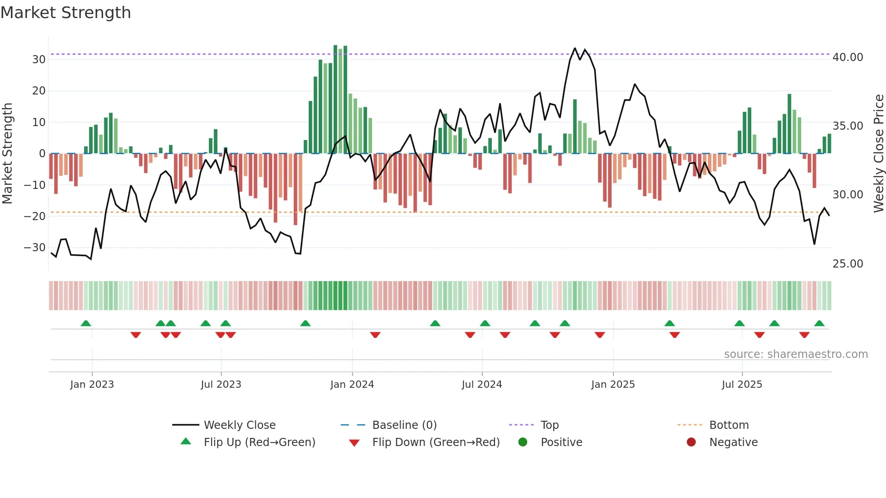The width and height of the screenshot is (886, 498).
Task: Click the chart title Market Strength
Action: click(x=66, y=13)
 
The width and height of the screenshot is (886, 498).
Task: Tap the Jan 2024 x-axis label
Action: click(x=352, y=385)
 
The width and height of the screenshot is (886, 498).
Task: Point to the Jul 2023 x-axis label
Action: click(x=221, y=385)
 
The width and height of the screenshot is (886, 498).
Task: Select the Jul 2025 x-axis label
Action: click(x=742, y=385)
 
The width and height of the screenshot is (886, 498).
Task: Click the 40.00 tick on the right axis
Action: click(x=848, y=57)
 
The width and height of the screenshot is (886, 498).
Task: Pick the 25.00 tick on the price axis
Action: click(x=848, y=264)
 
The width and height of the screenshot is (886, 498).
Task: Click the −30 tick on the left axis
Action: click(x=35, y=248)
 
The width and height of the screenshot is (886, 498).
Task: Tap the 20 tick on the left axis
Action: click(x=38, y=91)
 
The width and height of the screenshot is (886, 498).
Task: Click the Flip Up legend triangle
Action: click(x=186, y=442)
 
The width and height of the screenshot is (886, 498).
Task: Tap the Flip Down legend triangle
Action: click(x=354, y=443)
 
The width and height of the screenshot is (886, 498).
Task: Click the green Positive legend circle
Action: click(x=523, y=442)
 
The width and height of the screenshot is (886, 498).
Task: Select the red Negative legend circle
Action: click(x=691, y=442)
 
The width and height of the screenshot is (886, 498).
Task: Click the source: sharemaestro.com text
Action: click(x=796, y=354)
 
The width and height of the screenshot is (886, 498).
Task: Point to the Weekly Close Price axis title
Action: click(x=878, y=153)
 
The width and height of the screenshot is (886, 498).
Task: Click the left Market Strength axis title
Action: click(x=7, y=153)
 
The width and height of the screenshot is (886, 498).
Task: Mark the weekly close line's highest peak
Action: click(x=575, y=48)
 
